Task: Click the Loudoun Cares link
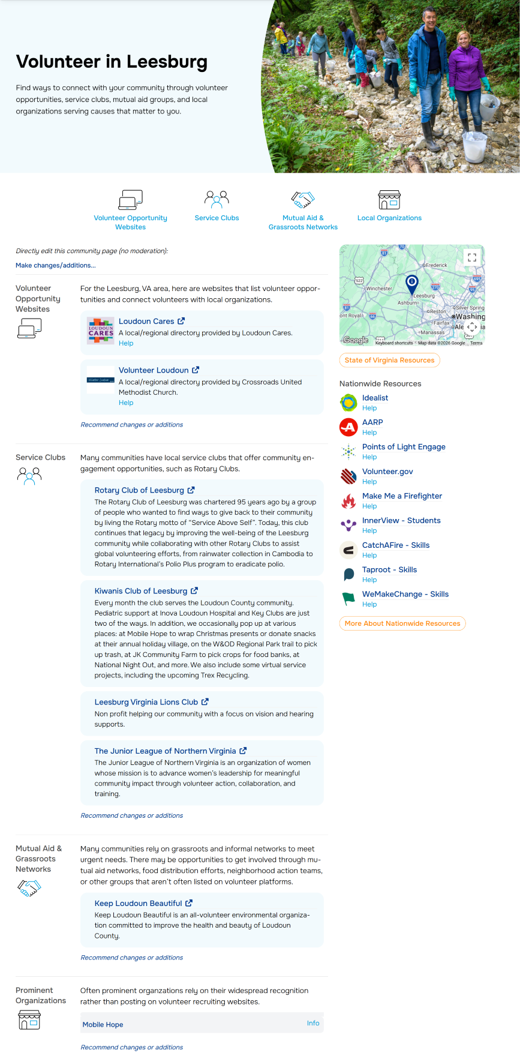[x=146, y=321]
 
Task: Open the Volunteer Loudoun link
[x=154, y=370]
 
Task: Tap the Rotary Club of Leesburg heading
[x=139, y=490]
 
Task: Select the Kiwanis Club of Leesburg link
[x=141, y=591]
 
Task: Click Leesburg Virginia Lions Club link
[x=146, y=702]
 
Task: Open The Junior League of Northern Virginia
[x=165, y=751]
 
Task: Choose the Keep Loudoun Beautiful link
[x=138, y=904]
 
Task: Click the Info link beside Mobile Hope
[x=313, y=1024]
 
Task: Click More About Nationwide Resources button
[x=402, y=623]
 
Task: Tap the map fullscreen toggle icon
[x=472, y=257]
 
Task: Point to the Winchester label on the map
[x=379, y=289]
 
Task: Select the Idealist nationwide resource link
[x=375, y=398]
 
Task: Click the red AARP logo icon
[x=348, y=427]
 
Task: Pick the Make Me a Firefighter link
[x=402, y=496]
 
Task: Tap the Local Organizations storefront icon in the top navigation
[x=389, y=200]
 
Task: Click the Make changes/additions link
[x=55, y=265]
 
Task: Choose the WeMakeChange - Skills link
[x=405, y=595]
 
